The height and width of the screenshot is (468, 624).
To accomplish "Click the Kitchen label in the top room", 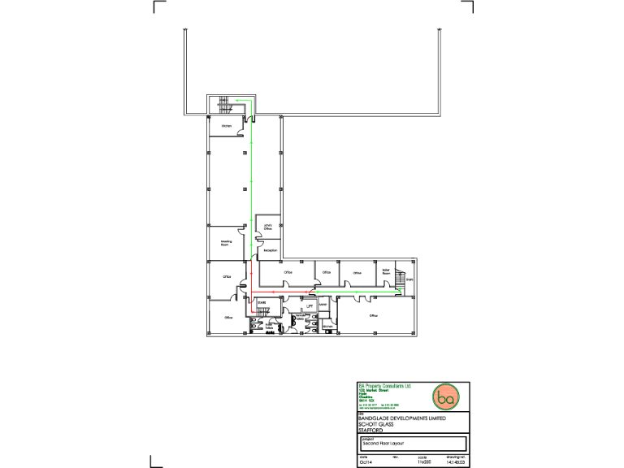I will pyautogui.click(x=227, y=126).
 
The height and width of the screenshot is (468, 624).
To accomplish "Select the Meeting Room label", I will pyautogui.click(x=227, y=242).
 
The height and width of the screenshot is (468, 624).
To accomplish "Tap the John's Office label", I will pyautogui.click(x=267, y=227).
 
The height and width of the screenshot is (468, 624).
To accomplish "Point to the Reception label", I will pyautogui.click(x=270, y=250).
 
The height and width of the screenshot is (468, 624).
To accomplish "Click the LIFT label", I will pyautogui.click(x=310, y=306).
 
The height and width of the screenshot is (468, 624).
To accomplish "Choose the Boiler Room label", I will pyautogui.click(x=388, y=272).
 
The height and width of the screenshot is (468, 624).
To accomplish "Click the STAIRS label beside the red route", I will pyautogui.click(x=262, y=301).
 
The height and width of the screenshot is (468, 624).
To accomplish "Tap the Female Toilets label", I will pyautogui.click(x=300, y=318).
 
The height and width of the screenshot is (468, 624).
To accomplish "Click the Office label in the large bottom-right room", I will pyautogui.click(x=374, y=315).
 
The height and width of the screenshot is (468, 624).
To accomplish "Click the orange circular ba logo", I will pyautogui.click(x=446, y=397).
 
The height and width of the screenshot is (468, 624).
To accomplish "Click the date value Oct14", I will pyautogui.click(x=365, y=462).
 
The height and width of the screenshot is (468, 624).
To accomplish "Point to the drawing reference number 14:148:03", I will pyautogui.click(x=457, y=462).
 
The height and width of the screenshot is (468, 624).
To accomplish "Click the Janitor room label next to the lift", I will pyautogui.click(x=323, y=305).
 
